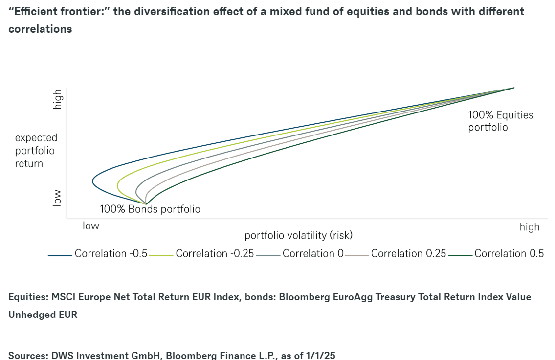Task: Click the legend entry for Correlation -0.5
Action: (x=98, y=254)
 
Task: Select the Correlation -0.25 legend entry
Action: (x=202, y=254)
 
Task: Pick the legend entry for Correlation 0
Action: (x=300, y=254)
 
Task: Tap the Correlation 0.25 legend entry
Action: (x=396, y=254)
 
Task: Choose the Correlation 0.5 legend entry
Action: (x=496, y=254)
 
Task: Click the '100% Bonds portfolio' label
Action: (x=150, y=209)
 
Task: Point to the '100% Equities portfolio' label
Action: (x=501, y=121)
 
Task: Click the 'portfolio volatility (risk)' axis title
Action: (x=298, y=235)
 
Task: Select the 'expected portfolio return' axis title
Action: (x=36, y=151)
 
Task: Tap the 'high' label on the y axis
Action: (x=57, y=99)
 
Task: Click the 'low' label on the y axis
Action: (x=57, y=198)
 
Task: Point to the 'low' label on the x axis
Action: (x=91, y=226)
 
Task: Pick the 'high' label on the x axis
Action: (x=530, y=227)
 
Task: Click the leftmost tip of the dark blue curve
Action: (x=93, y=181)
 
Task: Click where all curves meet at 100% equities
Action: (x=514, y=88)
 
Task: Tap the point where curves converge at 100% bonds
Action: (x=146, y=204)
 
